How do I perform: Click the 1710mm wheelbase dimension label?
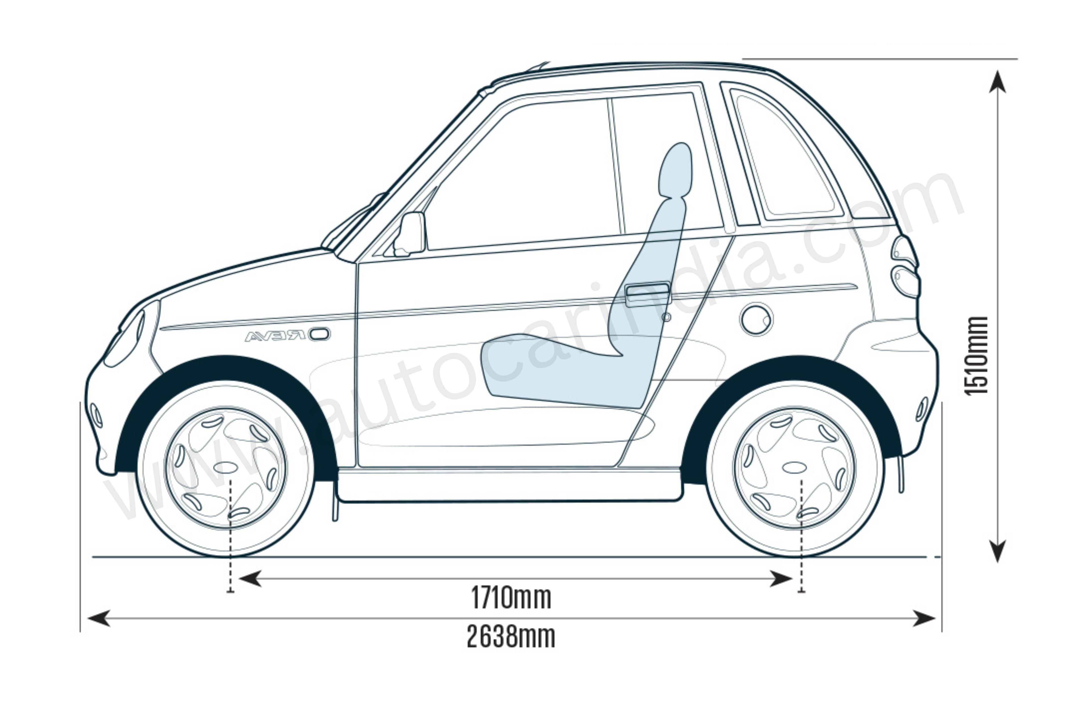tap(511, 597)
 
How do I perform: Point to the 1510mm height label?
tap(976, 356)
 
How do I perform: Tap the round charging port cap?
tap(756, 319)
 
